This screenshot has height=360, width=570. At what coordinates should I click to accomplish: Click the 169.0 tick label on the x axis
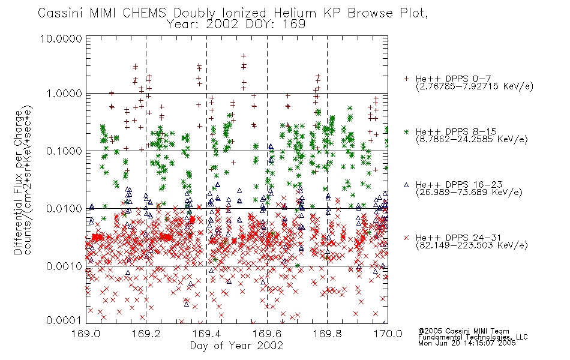coord(85,334)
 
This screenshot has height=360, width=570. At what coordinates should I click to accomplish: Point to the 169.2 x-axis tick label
coord(146,334)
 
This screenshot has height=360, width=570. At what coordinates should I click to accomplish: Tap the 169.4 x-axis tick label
coord(206,334)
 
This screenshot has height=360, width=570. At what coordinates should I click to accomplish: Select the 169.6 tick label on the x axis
coord(267,334)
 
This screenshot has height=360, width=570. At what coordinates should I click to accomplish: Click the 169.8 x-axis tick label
coord(327,334)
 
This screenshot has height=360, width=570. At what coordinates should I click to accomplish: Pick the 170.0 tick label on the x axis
coord(388,334)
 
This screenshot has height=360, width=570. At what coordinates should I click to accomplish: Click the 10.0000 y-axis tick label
coord(61,38)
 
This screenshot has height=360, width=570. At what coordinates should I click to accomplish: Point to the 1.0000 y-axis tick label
coord(64,94)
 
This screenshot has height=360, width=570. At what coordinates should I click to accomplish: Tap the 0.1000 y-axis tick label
coord(64,151)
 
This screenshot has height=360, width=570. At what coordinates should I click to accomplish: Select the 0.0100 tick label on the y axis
coord(64,209)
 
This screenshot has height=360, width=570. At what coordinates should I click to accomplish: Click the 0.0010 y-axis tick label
coord(64,266)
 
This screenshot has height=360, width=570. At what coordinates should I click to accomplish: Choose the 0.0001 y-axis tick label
coord(64,320)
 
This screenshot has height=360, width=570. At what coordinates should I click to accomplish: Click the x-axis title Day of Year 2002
coord(236,346)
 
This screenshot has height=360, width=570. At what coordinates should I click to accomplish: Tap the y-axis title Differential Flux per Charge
coord(18,182)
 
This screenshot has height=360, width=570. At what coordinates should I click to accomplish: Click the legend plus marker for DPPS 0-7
coord(406,79)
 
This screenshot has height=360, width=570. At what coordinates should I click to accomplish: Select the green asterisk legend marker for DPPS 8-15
coord(406,131)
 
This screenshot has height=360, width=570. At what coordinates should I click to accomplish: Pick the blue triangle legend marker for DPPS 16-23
coord(406,185)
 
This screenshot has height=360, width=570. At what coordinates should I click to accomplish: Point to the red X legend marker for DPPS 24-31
coord(406,238)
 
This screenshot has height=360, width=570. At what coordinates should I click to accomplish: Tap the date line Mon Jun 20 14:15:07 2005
coord(467,343)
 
